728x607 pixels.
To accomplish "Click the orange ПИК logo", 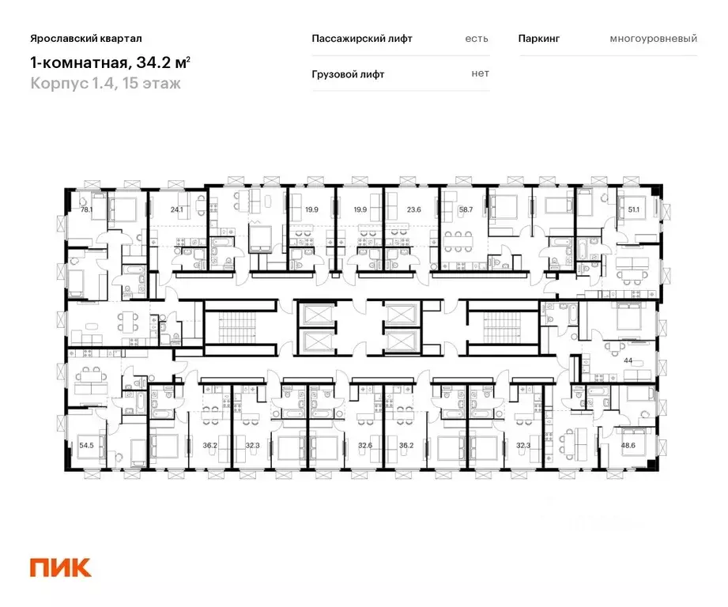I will click(x=61, y=567).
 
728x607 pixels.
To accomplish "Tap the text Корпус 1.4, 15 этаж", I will click(x=105, y=83).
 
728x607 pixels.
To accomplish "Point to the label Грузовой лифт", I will click(x=349, y=74).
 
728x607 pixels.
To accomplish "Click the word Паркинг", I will click(x=539, y=38).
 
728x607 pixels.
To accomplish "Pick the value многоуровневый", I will click(x=653, y=38).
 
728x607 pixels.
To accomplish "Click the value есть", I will click(x=477, y=38).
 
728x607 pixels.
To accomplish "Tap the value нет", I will click(x=480, y=74).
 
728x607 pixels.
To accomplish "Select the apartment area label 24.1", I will click(x=176, y=210).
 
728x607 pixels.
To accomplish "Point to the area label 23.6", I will click(x=414, y=210).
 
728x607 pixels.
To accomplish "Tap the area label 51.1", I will click(x=632, y=210).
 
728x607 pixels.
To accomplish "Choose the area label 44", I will click(x=629, y=360).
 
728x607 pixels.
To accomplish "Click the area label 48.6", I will click(x=629, y=445).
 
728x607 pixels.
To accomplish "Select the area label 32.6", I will click(x=364, y=445).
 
